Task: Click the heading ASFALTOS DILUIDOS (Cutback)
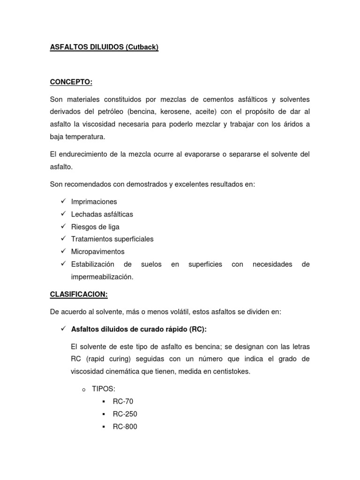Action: [104, 48]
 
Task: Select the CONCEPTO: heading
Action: [71, 82]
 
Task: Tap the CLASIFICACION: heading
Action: [79, 294]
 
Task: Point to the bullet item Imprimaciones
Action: [94, 202]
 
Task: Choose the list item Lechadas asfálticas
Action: [102, 214]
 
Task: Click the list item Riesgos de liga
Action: [95, 227]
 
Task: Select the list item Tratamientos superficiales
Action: [112, 239]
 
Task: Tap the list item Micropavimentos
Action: [98, 252]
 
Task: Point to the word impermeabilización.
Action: [102, 277]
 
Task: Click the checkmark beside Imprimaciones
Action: [63, 201]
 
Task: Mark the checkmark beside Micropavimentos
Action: [63, 251]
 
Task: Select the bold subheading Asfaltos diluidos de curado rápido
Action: [139, 329]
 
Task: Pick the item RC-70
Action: [123, 402]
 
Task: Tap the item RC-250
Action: [125, 414]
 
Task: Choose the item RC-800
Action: [125, 427]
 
